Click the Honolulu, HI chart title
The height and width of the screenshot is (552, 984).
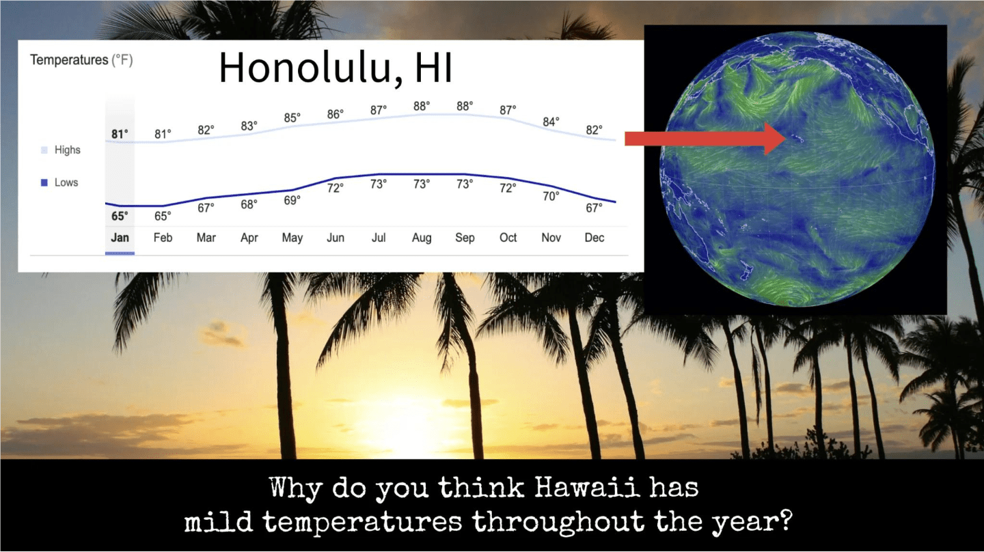tap(335, 68)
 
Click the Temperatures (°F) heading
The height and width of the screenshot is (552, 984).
tap(81, 59)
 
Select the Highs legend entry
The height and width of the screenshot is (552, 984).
tap(61, 150)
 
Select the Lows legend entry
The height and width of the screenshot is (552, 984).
tap(59, 182)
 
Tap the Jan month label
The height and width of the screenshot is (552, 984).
tap(120, 238)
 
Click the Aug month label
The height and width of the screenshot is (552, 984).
tap(421, 238)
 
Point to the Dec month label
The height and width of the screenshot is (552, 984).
tap(594, 238)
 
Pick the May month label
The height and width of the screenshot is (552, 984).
tap(292, 238)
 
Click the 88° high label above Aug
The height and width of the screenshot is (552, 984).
tap(421, 107)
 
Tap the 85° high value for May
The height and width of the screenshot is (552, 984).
tap(292, 118)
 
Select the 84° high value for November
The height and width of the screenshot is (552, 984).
tap(551, 122)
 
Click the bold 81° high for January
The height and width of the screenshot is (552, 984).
tap(120, 134)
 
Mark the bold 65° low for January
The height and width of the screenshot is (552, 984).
tap(120, 216)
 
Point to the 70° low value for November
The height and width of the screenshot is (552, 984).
tap(551, 196)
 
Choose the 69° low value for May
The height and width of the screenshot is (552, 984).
tap(292, 200)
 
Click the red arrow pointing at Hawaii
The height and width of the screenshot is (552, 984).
tap(705, 139)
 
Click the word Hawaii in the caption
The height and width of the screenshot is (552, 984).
tap(587, 488)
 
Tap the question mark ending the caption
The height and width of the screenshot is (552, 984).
tap(785, 521)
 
